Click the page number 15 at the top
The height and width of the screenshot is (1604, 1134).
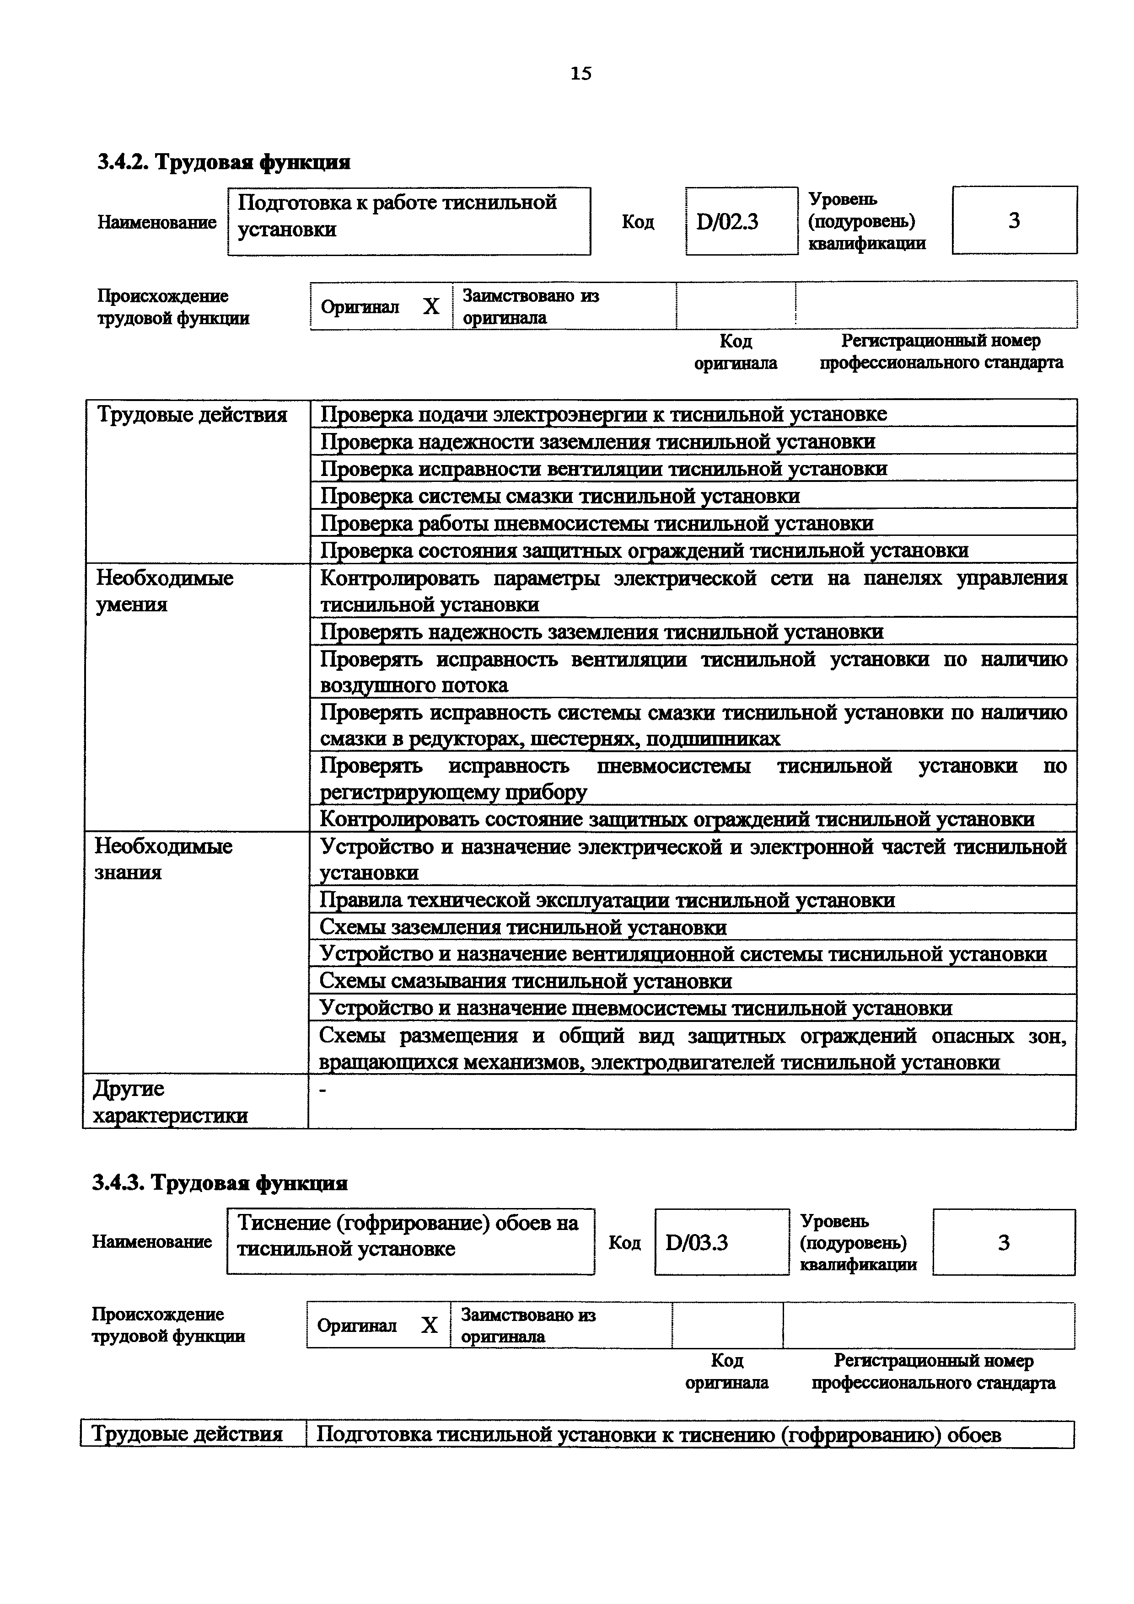coord(580,73)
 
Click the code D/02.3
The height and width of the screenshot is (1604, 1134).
coord(727,222)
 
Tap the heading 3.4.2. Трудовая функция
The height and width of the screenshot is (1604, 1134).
coord(224,162)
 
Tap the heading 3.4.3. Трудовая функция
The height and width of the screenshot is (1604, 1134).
coord(220,1183)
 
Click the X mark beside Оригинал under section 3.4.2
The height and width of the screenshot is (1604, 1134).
coord(431,307)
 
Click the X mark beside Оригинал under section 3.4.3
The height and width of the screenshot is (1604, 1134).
coord(429,1325)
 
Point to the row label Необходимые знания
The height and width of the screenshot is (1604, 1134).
coord(163,859)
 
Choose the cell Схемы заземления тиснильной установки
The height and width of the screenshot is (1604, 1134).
coord(523,927)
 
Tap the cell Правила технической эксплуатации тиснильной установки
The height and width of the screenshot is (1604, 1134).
coord(607,900)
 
